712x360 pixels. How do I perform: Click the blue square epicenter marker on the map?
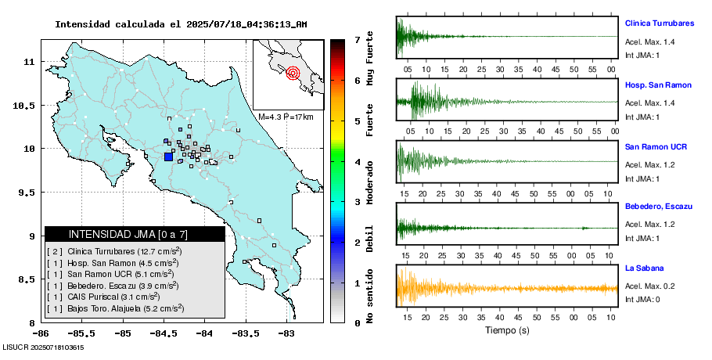pyautogui.click(x=169, y=157)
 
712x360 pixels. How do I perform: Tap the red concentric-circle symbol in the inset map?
pyautogui.click(x=293, y=74)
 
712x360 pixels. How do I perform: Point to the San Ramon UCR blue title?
pyautogui.click(x=656, y=146)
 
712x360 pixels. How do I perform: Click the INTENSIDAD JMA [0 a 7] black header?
pyautogui.click(x=135, y=234)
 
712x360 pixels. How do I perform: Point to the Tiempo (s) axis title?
pyautogui.click(x=506, y=331)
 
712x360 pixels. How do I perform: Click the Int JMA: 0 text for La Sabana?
pyautogui.click(x=642, y=299)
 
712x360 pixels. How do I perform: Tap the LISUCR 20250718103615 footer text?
pyautogui.click(x=44, y=347)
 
